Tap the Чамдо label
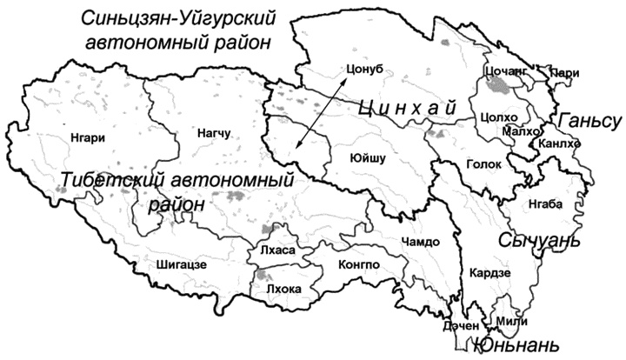point(422,241)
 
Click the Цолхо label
point(496,116)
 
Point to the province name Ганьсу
point(590,120)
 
